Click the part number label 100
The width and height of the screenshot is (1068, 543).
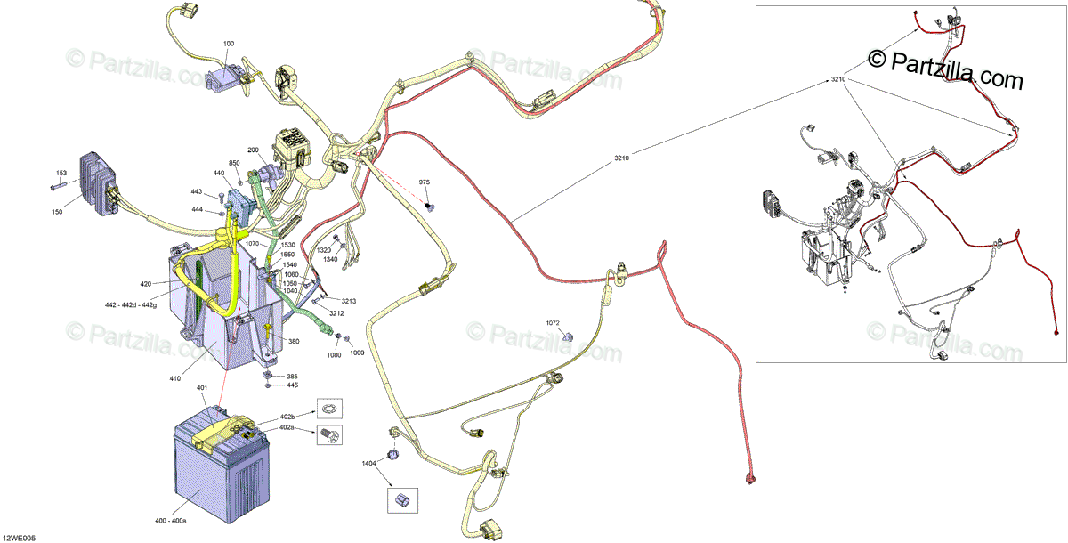point(229,44)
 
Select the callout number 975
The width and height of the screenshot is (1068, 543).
point(425,182)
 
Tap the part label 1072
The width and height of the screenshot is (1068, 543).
point(554,321)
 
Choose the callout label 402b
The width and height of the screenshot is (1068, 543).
point(287,417)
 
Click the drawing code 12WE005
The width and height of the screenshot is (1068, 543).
point(19,537)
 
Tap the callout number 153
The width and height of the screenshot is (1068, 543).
point(61,173)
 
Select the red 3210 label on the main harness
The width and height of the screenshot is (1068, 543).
point(621,158)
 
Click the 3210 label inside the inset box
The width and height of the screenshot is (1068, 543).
point(837,80)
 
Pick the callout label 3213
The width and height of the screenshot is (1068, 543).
point(349,302)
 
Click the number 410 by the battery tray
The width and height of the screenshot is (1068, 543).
point(175,379)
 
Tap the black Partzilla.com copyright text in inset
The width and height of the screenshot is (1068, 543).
point(945,69)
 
